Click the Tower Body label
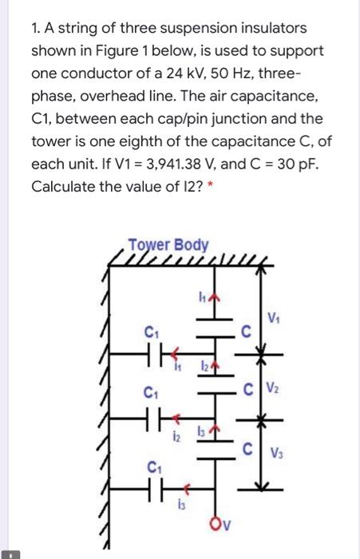(x=170, y=244)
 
